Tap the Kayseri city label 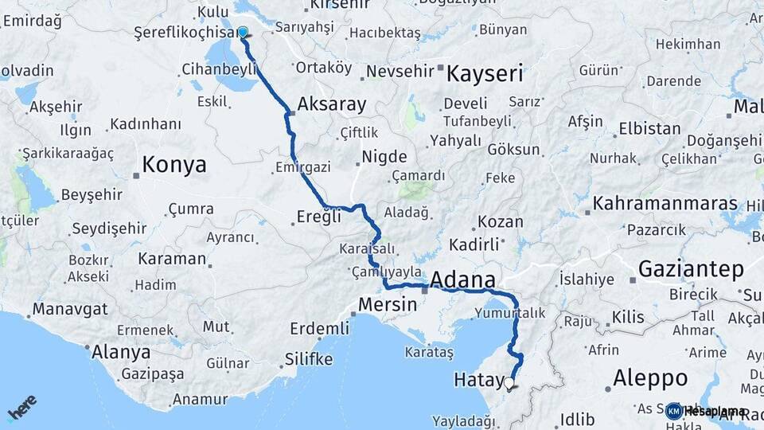[485, 74]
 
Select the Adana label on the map [462, 279]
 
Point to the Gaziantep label [690, 268]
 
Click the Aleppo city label [650, 377]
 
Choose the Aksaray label [331, 104]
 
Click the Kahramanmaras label [665, 203]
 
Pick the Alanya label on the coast [122, 351]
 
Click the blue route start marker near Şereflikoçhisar [243, 33]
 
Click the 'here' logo [22, 408]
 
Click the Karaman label [171, 259]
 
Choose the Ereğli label [318, 215]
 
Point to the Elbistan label [649, 128]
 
